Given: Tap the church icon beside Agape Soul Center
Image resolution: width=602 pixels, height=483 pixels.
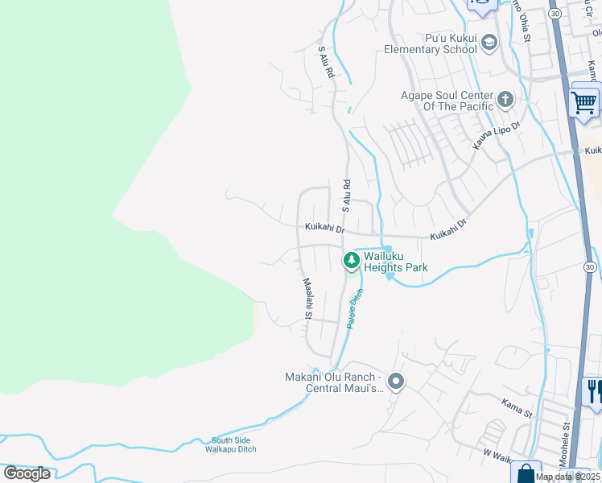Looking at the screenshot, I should tap(505, 100).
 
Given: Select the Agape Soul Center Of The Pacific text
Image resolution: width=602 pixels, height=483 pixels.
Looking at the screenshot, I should tap(447, 101).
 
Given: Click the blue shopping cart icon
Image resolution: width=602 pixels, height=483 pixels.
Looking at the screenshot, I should tap(584, 102).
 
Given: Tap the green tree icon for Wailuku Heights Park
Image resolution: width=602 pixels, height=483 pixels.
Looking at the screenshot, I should tap(351, 261).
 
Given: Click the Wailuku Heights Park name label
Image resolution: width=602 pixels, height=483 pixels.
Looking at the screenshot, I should tap(394, 262).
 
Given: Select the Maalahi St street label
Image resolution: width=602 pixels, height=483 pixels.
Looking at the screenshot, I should tap(307, 297).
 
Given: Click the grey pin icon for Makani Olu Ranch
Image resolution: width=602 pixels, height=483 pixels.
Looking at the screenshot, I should tap(395, 382).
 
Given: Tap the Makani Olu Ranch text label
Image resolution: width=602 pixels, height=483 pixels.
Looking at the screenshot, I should tap(333, 382).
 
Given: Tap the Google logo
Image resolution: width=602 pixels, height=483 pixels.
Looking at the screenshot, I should tap(27, 473).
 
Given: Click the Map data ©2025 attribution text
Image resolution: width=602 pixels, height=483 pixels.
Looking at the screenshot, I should tap(568, 477).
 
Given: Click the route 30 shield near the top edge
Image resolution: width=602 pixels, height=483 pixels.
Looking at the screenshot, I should tap(555, 14).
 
